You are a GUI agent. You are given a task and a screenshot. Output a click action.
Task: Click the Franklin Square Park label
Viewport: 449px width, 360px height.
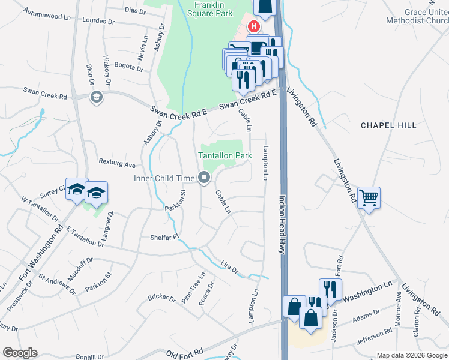click(214, 8)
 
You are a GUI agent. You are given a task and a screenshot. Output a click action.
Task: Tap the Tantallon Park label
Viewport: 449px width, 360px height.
click(225, 155)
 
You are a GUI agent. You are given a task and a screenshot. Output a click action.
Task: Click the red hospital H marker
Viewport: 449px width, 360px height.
click(253, 26)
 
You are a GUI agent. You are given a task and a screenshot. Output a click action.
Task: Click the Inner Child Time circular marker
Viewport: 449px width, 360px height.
click(204, 178)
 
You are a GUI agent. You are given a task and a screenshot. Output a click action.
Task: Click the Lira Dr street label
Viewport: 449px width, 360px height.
click(229, 268)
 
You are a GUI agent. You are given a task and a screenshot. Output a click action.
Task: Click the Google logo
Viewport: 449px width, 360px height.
click(20, 353)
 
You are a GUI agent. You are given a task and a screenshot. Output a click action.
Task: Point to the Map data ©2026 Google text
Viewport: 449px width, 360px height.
click(411, 355)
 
